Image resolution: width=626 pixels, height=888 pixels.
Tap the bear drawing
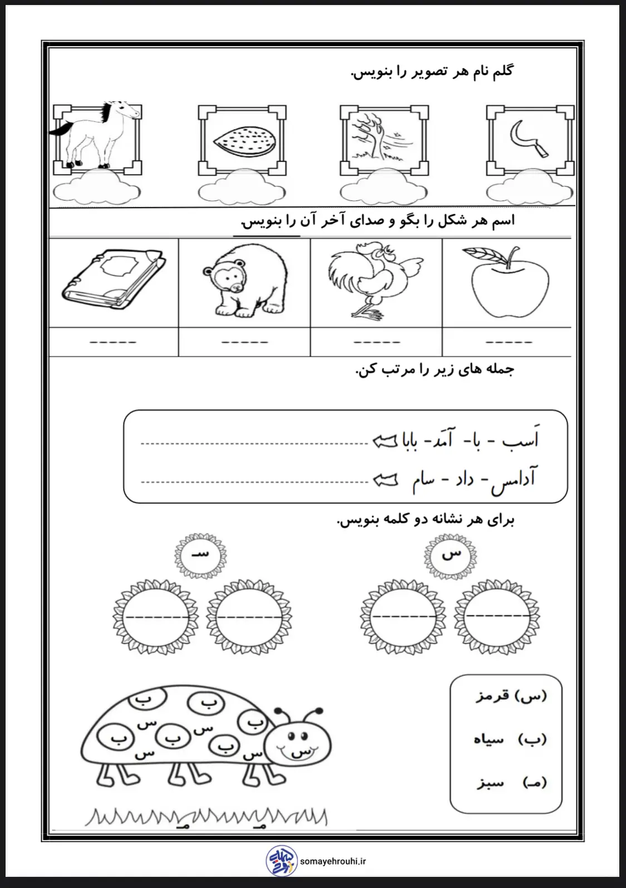tap(245, 281)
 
